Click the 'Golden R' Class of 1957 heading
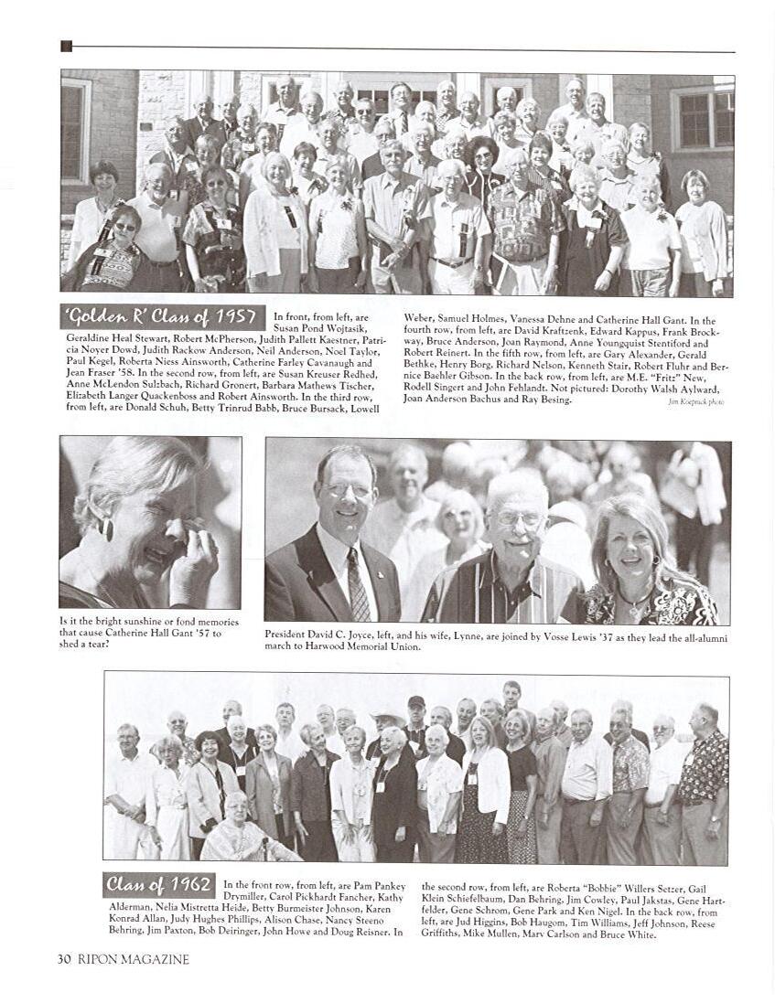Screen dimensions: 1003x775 click(162, 317)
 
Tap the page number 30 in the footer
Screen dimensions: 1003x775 click(64, 959)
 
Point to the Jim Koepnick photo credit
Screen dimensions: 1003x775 click(695, 401)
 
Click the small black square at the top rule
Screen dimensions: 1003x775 click(66, 47)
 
